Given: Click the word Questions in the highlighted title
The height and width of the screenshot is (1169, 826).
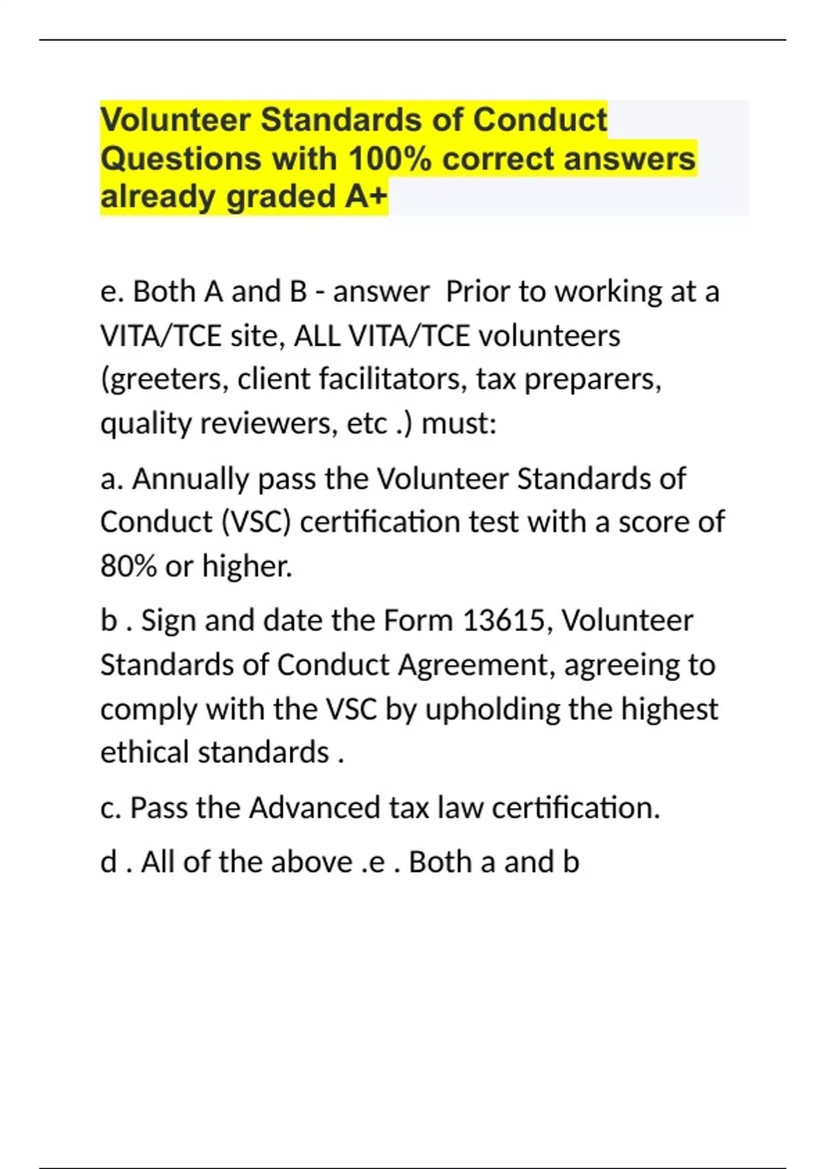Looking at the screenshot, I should coord(180,160).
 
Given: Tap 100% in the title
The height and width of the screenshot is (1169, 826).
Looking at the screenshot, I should coord(390,160).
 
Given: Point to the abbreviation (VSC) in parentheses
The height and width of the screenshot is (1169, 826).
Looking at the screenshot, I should coord(257,523).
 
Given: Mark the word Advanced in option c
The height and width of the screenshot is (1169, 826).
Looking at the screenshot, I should coord(315,809).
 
